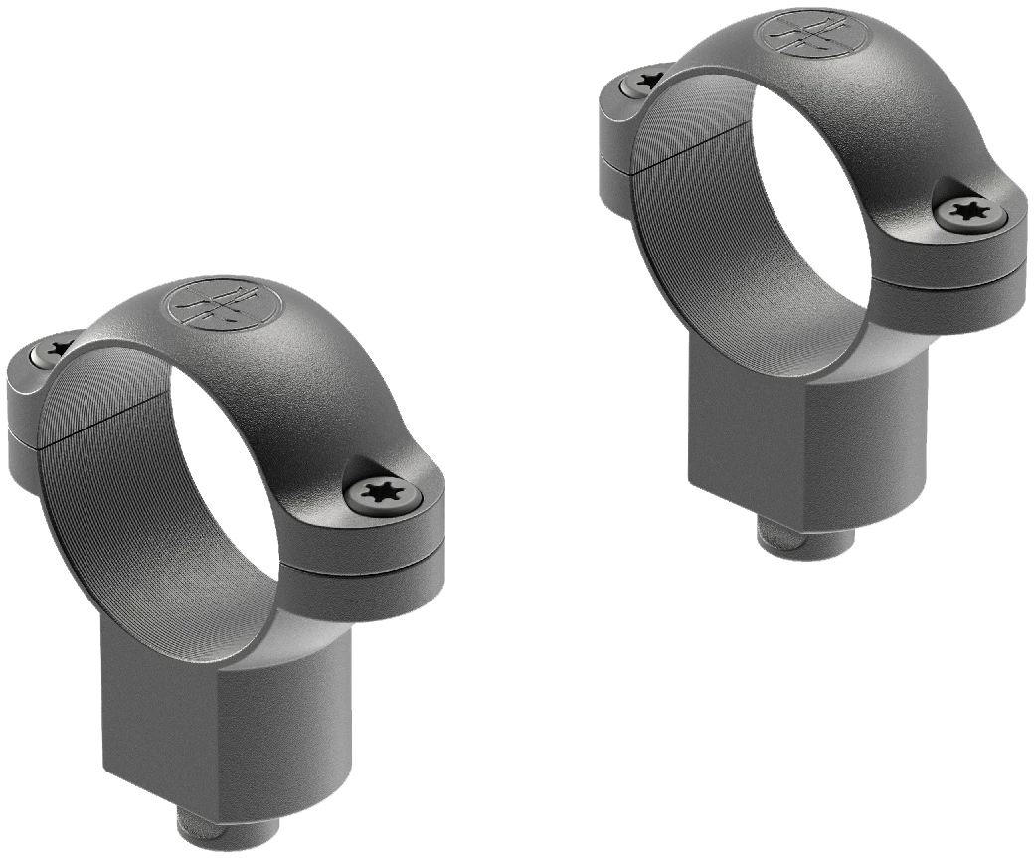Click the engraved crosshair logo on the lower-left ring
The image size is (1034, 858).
211,305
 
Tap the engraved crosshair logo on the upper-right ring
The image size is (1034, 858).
799,31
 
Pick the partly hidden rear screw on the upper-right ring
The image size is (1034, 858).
646,79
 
